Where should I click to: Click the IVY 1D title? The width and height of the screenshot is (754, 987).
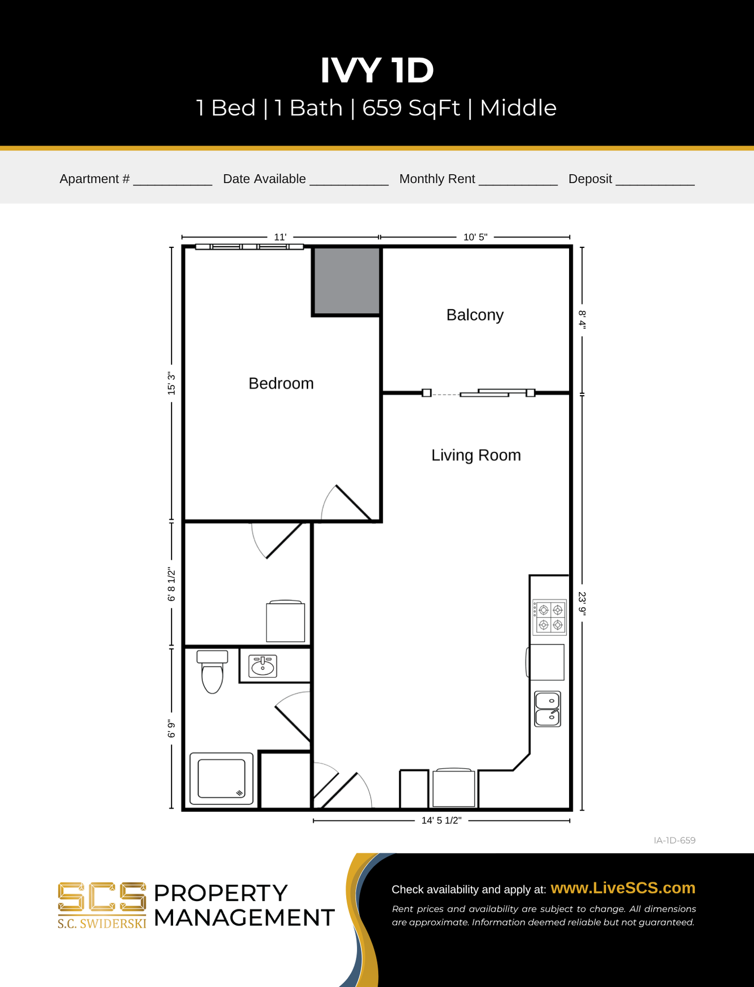pos(377,70)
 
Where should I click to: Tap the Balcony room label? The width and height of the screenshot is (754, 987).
pos(475,315)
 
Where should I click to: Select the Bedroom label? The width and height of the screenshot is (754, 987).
pos(281,383)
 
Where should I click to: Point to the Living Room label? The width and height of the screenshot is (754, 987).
pos(476,455)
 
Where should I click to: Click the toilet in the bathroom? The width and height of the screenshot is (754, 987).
pos(212,672)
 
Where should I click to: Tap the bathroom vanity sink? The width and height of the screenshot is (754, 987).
pos(262,666)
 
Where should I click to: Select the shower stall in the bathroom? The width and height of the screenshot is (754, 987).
pos(221,778)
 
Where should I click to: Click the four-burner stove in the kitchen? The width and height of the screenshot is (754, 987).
pos(550,617)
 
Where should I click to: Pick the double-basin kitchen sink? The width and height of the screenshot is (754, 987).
pos(548,709)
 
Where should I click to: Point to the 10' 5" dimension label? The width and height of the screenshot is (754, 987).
pos(475,237)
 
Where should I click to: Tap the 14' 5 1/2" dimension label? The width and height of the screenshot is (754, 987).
pos(441,820)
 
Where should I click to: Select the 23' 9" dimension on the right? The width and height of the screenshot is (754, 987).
pos(582,602)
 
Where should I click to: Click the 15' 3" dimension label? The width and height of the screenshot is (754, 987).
pos(172,384)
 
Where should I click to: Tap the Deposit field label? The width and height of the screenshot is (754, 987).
pos(590,179)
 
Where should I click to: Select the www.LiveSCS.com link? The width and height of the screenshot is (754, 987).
pos(623,888)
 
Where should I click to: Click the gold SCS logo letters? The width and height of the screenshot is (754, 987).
pos(102,897)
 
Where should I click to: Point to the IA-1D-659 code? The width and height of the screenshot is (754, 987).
pos(674,840)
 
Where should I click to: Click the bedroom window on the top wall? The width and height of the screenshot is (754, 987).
pos(250,247)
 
